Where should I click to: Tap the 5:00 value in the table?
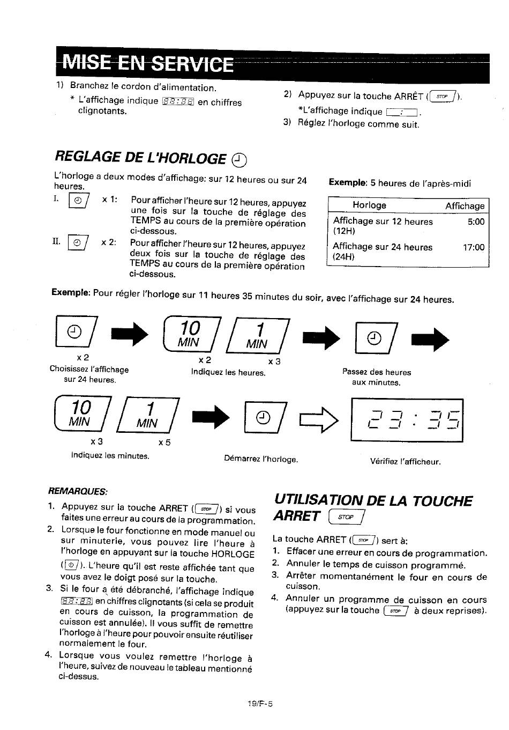click(476, 222)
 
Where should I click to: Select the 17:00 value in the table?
click(474, 247)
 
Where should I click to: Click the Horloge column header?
click(369, 205)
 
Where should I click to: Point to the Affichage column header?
click(465, 206)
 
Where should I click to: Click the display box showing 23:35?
click(407, 420)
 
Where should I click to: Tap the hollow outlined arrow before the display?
click(319, 420)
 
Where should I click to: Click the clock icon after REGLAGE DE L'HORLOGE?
click(239, 160)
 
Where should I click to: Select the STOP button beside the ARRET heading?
click(346, 517)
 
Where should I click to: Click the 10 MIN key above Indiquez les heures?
click(191, 334)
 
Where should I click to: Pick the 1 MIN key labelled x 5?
click(148, 415)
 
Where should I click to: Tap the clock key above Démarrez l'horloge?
click(265, 417)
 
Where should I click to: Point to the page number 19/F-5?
click(260, 704)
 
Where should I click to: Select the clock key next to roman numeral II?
click(78, 242)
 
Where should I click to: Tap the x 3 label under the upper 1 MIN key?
click(274, 362)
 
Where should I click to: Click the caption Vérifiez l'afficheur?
click(406, 461)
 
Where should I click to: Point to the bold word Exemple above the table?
click(348, 182)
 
